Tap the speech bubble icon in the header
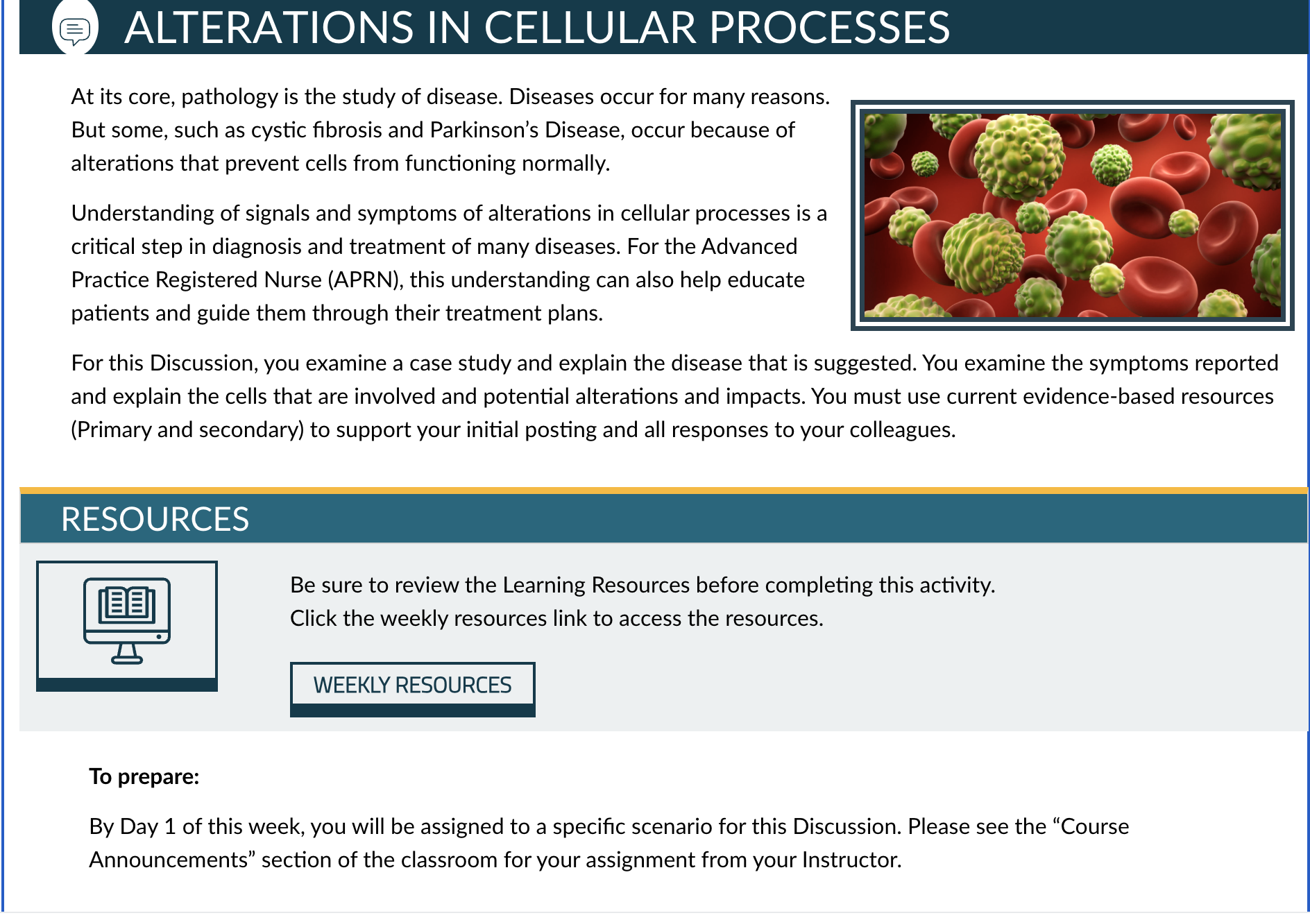point(75,30)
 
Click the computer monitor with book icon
point(127,621)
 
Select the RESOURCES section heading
point(155,519)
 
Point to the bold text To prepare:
point(144,776)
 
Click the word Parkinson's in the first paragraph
point(484,130)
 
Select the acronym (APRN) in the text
point(366,280)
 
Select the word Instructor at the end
point(851,860)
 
